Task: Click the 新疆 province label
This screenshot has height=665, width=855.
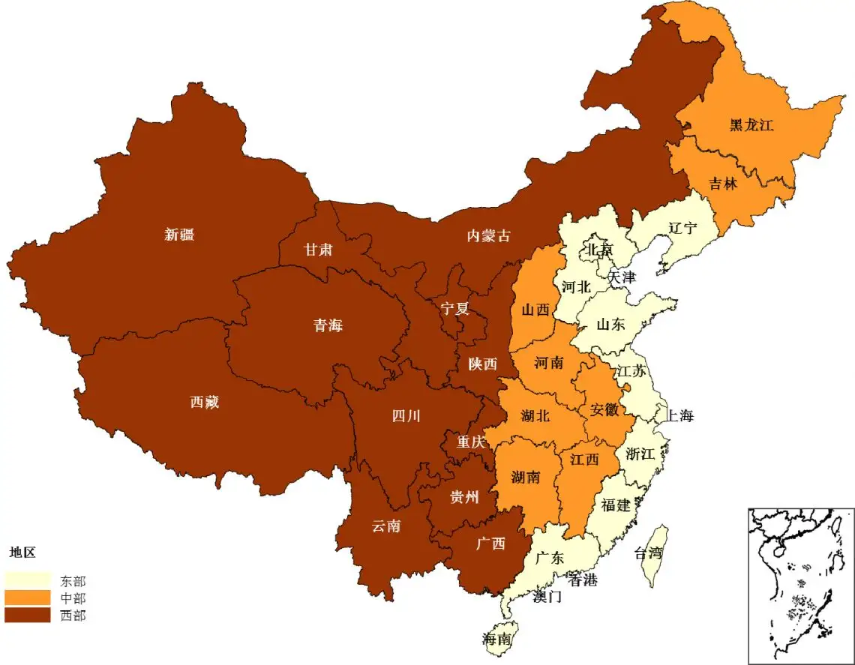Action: (x=179, y=235)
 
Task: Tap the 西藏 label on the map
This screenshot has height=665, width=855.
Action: (x=204, y=403)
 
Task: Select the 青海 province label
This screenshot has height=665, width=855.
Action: (x=328, y=325)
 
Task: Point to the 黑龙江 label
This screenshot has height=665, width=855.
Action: (x=751, y=125)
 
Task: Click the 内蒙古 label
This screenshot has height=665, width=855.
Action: (x=488, y=236)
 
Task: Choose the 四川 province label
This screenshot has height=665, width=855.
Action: (x=406, y=416)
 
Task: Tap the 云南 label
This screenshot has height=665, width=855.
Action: (x=385, y=526)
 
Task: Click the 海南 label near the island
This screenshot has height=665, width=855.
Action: (x=496, y=640)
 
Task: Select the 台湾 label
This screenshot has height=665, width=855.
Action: (x=649, y=554)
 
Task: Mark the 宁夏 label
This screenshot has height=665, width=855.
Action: (x=454, y=309)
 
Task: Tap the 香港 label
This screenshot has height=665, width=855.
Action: (x=582, y=580)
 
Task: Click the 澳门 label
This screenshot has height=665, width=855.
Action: (x=547, y=597)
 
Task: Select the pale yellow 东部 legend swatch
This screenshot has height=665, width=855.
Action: (x=28, y=580)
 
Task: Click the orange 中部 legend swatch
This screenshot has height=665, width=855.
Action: (x=28, y=598)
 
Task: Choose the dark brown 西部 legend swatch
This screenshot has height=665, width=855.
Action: (x=28, y=615)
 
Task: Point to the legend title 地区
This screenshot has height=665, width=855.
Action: (x=22, y=553)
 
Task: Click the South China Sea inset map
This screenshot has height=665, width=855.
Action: (x=800, y=585)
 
